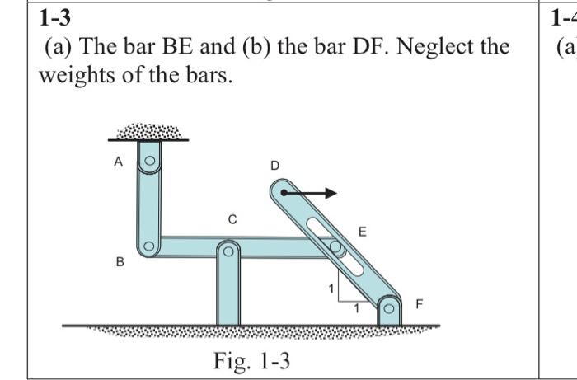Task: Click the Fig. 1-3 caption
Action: click(x=252, y=360)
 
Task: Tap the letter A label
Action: click(x=118, y=162)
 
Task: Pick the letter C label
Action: click(x=232, y=219)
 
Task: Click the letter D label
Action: click(x=274, y=167)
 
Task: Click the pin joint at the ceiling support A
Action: click(x=148, y=162)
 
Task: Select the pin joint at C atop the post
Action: click(x=228, y=248)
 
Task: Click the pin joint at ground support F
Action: click(x=390, y=312)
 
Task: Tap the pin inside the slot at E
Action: click(x=335, y=246)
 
